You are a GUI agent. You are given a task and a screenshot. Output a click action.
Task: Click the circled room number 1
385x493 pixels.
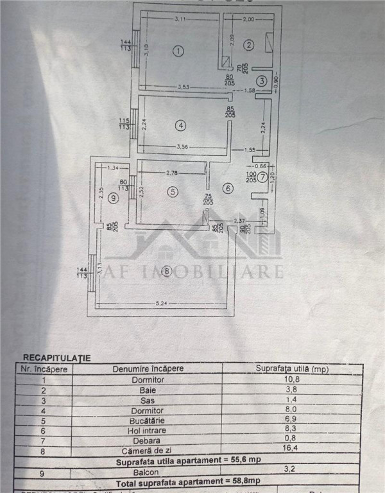[179, 51]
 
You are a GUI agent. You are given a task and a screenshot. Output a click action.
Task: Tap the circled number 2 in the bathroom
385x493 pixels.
[249, 44]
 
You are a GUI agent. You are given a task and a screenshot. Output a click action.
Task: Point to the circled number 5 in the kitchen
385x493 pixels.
[172, 191]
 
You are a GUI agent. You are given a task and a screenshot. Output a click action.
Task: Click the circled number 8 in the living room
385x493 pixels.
[167, 272]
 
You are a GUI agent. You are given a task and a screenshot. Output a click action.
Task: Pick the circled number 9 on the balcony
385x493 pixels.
[113, 198]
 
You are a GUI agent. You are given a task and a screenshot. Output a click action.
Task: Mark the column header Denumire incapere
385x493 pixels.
[148, 368]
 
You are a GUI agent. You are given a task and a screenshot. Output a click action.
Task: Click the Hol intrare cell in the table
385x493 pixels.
[148, 431]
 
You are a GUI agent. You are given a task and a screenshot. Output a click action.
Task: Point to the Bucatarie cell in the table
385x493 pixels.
[148, 420]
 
